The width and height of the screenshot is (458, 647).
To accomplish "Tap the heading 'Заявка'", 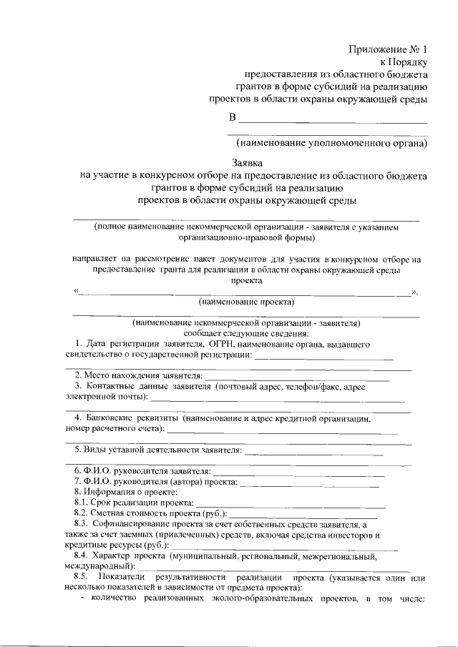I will [248, 163].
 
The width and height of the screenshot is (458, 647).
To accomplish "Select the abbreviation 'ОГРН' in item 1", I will [211, 344].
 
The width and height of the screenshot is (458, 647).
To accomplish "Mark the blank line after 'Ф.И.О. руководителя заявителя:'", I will [299, 474].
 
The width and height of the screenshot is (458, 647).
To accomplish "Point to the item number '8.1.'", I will [84, 503].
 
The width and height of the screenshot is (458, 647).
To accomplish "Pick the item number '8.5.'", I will [84, 577].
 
